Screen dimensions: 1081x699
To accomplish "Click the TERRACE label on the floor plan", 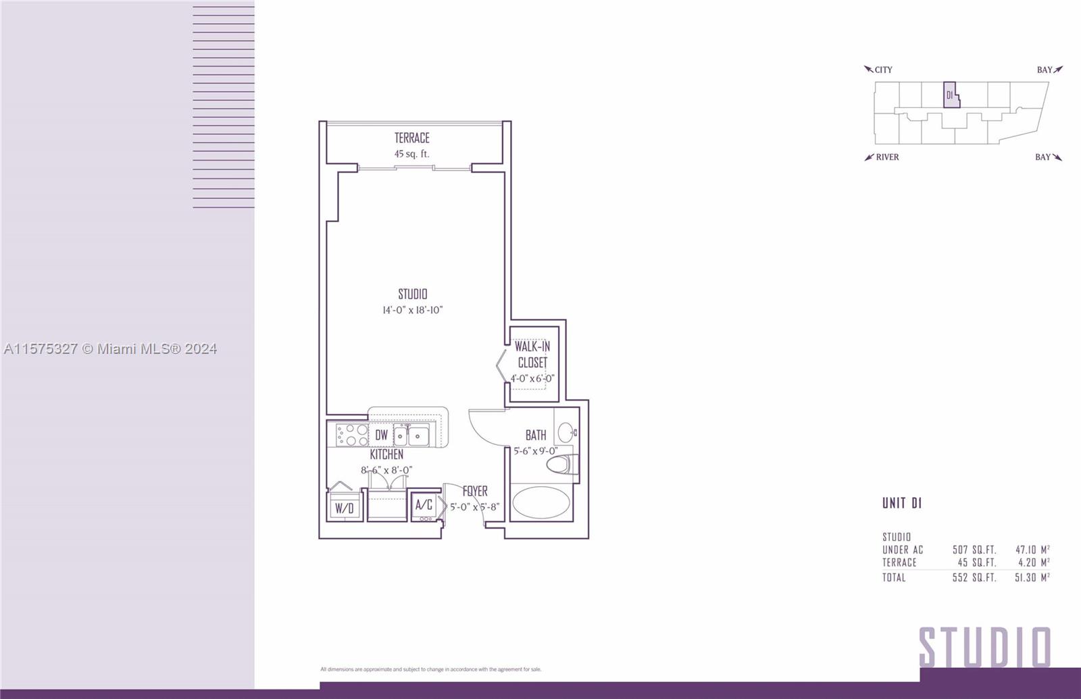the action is coord(411,138).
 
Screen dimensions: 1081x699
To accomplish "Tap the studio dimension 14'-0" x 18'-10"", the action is coord(413,310).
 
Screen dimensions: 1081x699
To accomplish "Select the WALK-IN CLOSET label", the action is coord(532,354).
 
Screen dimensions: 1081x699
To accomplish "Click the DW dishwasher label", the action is coord(381,435).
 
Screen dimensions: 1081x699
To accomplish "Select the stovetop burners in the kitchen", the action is coord(352,435).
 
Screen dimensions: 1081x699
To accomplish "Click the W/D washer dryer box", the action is coord(344,507).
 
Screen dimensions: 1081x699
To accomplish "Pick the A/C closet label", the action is coord(424,504).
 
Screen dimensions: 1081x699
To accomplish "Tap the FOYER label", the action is coord(475,491).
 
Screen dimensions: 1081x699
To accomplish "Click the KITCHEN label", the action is coord(386,455).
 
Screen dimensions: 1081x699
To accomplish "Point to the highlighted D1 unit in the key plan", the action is coord(951,95).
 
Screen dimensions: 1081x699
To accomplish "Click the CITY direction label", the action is coord(883,70).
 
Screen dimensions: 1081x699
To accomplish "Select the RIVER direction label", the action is coord(887,157).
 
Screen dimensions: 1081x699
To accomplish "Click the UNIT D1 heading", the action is coord(902,503).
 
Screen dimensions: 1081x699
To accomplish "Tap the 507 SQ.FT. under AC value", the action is coord(974,550).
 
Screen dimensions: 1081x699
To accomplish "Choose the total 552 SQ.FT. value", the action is coord(974,577).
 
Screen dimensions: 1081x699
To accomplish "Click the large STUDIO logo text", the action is coord(984,648).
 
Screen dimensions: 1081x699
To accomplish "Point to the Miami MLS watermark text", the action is coord(111,348).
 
